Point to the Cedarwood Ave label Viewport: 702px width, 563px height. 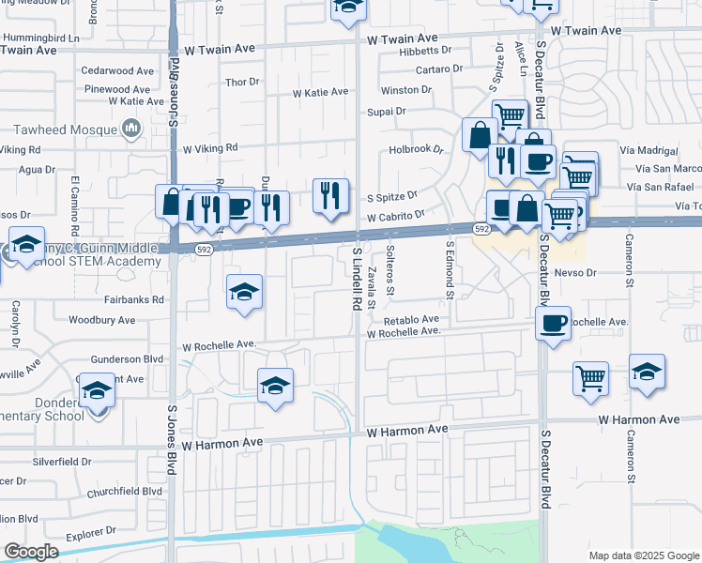point(117,70)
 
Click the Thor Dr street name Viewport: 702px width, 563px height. point(242,82)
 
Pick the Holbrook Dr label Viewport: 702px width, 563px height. point(416,148)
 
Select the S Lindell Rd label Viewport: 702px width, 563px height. point(357,279)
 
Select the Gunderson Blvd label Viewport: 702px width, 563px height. point(127,359)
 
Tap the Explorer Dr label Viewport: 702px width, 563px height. point(90,537)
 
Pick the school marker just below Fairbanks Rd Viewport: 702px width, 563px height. point(244,292)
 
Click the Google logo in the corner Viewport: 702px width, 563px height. point(31,551)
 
